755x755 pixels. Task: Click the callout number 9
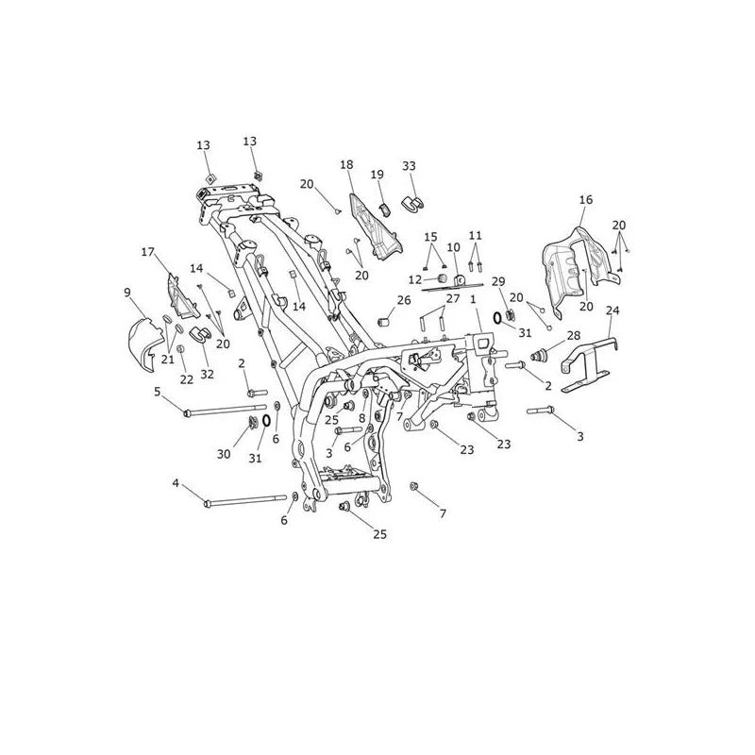(127, 293)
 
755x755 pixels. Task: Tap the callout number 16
(586, 199)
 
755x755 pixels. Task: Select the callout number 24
(612, 310)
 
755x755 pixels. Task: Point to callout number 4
(176, 482)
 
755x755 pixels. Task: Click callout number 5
(158, 392)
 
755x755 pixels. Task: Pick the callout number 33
(409, 166)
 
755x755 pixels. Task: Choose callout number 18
(346, 164)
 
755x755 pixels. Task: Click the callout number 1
(473, 299)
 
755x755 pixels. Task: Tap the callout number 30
(224, 454)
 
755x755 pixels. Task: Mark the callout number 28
(574, 335)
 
